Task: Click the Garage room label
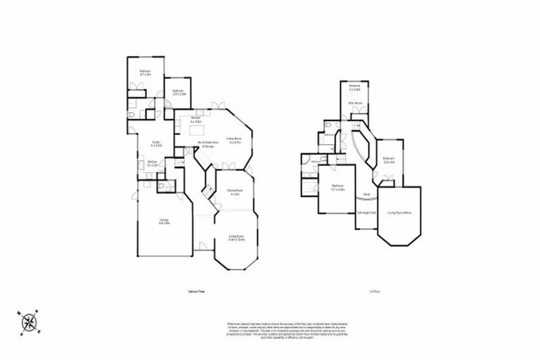[164, 222]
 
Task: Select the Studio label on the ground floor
[156, 145]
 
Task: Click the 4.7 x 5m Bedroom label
[146, 72]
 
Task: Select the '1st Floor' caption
[364, 291]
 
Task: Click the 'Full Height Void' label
[366, 212]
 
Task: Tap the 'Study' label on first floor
[366, 194]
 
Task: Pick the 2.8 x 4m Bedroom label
[389, 160]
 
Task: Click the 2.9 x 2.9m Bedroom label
[179, 91]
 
